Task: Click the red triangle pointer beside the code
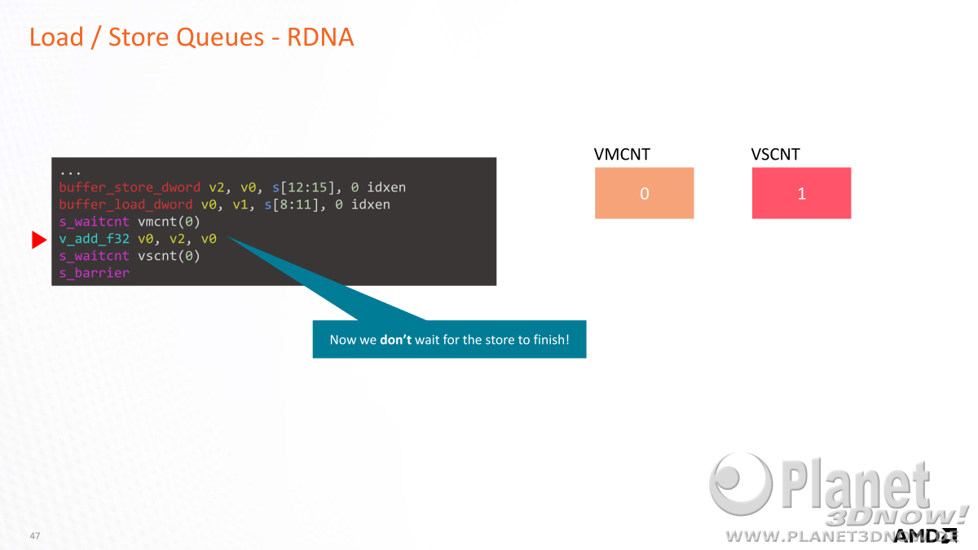tap(38, 240)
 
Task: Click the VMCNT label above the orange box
tap(622, 155)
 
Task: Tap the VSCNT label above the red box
tap(775, 155)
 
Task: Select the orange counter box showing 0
tap(644, 193)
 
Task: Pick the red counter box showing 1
tap(801, 193)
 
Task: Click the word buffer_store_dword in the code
tap(130, 187)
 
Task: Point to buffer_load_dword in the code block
tap(126, 205)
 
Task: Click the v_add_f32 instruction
tap(95, 240)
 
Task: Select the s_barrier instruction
tap(95, 273)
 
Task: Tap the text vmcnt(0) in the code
tap(169, 222)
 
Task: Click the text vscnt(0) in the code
tap(169, 256)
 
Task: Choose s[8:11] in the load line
tap(292, 205)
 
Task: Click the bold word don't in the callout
tap(395, 340)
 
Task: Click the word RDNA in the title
tap(320, 37)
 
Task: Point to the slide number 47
tap(35, 535)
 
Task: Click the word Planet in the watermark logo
tap(856, 485)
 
